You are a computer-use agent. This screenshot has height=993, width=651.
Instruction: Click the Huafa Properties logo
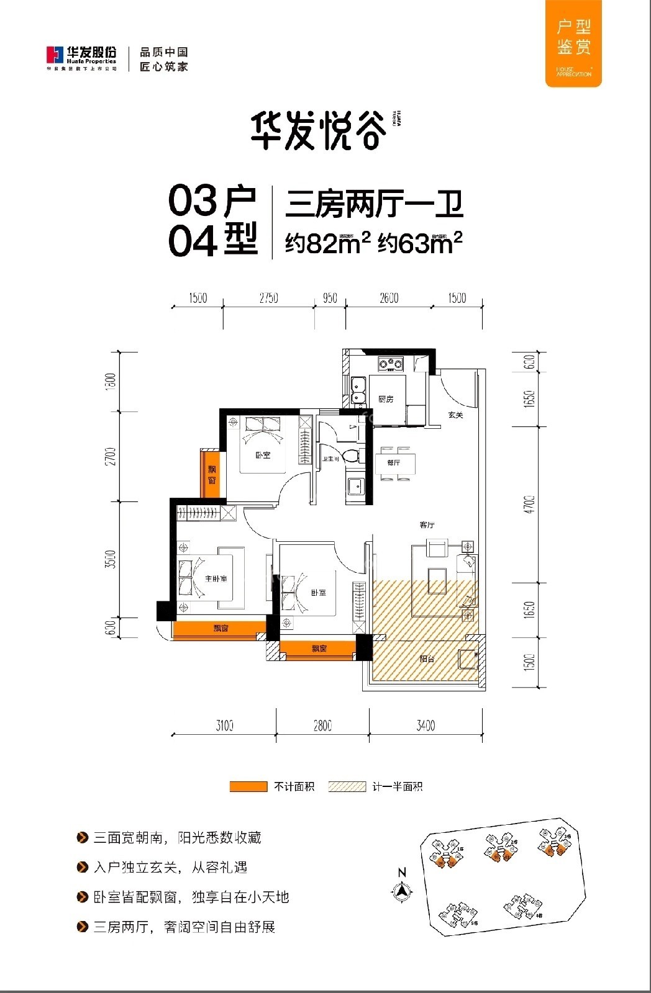click(x=81, y=56)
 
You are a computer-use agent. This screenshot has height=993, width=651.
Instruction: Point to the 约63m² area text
click(x=421, y=243)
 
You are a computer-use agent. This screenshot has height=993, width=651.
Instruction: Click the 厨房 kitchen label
click(x=386, y=399)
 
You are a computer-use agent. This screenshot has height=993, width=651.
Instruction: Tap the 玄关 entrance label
click(x=456, y=415)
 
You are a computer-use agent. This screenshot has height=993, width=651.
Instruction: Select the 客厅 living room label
click(x=427, y=525)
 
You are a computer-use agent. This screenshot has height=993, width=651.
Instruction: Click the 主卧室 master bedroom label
click(x=216, y=578)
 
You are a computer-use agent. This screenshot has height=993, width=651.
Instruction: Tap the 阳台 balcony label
click(x=427, y=658)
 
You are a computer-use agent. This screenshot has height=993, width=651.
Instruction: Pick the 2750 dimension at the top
click(x=268, y=299)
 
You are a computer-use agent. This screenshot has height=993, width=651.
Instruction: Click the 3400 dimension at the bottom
click(x=426, y=725)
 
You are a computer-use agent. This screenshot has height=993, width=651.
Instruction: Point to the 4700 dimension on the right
click(x=529, y=504)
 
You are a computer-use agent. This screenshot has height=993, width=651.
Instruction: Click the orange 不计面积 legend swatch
click(x=248, y=786)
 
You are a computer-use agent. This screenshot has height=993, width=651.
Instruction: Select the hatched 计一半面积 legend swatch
click(x=347, y=786)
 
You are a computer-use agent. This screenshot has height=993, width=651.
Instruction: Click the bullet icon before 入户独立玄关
click(x=82, y=868)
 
